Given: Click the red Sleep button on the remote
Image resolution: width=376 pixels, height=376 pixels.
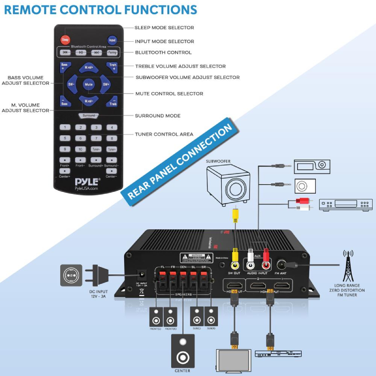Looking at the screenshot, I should tap(65, 39).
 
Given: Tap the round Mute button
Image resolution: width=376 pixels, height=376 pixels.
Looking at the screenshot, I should tap(88, 85).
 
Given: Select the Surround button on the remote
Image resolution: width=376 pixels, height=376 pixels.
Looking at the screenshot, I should tap(89, 115).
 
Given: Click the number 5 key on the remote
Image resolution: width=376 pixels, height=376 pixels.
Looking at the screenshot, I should tap(80, 138).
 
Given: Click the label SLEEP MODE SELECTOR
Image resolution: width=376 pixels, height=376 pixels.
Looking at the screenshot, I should tap(164, 28).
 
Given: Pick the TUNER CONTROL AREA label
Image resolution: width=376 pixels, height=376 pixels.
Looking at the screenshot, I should tap(164, 134).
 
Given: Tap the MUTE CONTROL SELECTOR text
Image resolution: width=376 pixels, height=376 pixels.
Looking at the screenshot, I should tap(169, 94).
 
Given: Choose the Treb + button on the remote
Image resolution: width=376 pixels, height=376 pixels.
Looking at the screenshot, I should tap(113, 66).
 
